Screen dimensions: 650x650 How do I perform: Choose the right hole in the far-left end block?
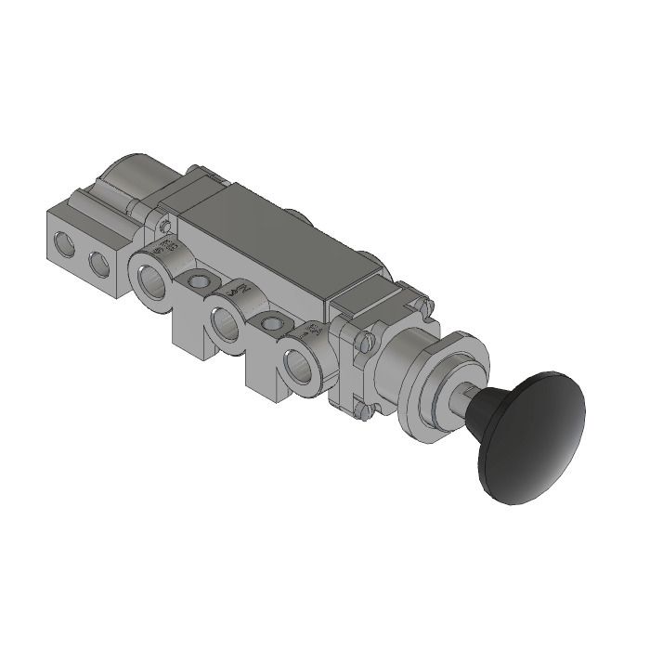pos(97,266)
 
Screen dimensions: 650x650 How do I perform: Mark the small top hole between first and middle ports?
pos(197,280)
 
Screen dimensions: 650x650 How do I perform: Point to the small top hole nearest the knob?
pos(271,324)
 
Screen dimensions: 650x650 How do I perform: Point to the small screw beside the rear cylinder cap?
pos(164,226)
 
